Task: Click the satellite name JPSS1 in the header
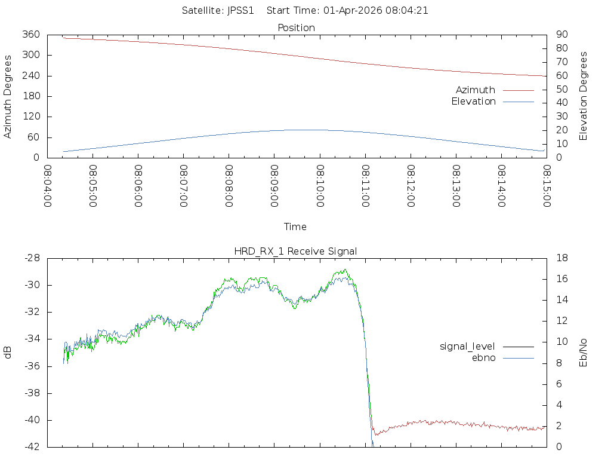tap(241, 10)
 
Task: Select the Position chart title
tap(297, 27)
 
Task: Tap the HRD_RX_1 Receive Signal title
tap(295, 251)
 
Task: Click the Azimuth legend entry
tap(476, 90)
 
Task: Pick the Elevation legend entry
tap(473, 102)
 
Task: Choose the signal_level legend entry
tap(467, 346)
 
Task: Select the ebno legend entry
tap(484, 357)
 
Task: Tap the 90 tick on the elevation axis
tap(561, 35)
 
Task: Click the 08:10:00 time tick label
tap(320, 186)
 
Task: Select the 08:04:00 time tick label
tap(48, 186)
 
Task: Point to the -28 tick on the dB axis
tap(31, 258)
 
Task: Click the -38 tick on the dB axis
tap(31, 393)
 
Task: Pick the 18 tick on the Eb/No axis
tap(561, 258)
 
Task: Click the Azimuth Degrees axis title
tap(8, 96)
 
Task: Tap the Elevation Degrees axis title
tap(584, 96)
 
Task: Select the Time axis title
tap(295, 227)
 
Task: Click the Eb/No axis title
tap(584, 353)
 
